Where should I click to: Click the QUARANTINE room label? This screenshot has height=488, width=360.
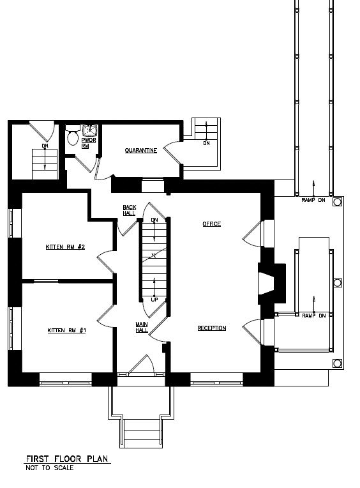(141, 151)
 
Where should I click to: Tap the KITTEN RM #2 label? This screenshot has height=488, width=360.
(65, 247)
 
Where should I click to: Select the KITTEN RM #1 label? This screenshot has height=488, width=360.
(66, 330)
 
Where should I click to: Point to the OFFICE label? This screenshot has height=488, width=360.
(212, 224)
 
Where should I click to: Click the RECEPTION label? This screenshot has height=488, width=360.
(212, 328)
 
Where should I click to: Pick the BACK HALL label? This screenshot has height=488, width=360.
(130, 210)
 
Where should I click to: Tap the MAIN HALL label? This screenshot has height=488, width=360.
(142, 327)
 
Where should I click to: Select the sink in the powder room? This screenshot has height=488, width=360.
(90, 131)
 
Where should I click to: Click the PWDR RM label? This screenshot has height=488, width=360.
(89, 143)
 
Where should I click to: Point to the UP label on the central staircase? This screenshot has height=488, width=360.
(154, 300)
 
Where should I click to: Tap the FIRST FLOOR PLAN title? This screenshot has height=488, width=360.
(67, 459)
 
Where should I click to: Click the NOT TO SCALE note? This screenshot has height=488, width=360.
(50, 468)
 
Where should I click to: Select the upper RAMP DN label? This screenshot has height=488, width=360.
(313, 200)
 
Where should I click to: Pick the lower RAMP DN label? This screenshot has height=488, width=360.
(314, 316)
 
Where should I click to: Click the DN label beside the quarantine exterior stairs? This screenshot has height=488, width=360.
(206, 143)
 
